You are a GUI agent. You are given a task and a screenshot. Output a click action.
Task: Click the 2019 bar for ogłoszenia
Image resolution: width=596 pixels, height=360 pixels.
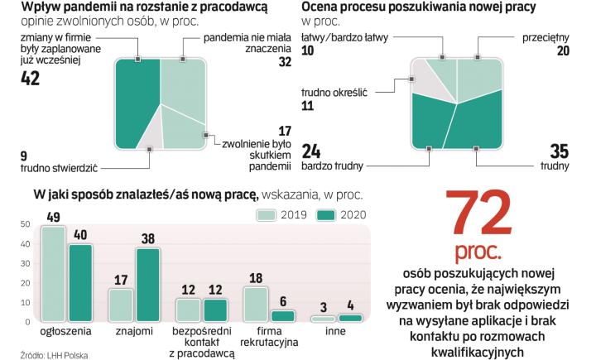click(53, 274)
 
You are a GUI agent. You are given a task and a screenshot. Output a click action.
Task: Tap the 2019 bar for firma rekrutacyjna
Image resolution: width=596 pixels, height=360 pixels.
click(255, 304)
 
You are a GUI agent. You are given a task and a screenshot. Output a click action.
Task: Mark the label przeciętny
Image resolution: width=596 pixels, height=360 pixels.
click(546, 38)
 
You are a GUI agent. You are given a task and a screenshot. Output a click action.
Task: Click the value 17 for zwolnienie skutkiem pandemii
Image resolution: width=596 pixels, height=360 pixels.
click(284, 131)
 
